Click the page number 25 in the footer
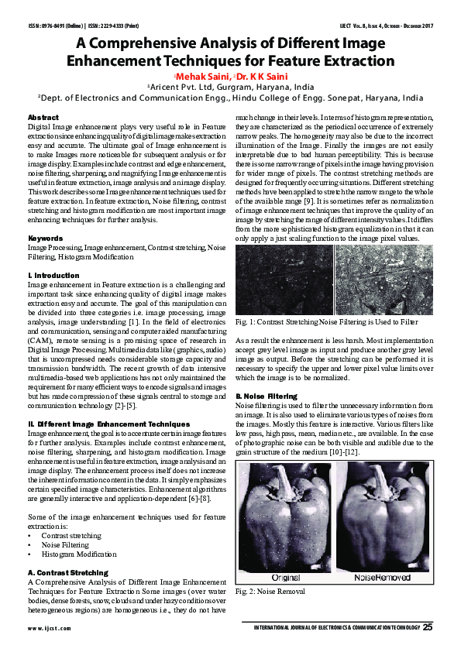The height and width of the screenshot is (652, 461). [x=428, y=626]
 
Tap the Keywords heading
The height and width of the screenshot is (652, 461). [x=45, y=238]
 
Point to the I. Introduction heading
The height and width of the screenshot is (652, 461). [x=53, y=275]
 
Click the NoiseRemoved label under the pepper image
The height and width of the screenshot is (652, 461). [x=381, y=578]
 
